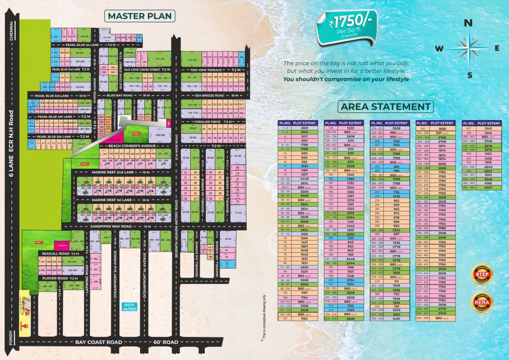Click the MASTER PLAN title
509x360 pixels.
coord(140,16)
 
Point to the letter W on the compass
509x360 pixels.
coord(439,48)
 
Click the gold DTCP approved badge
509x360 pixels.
coord(482,273)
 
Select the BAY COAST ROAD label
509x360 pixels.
coord(99,342)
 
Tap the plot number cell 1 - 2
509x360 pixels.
coord(285,127)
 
